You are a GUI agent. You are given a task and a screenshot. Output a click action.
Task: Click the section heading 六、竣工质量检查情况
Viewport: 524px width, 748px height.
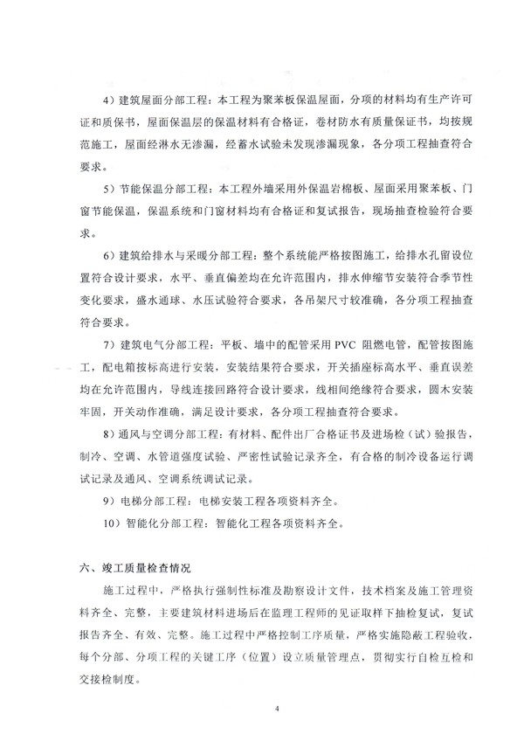[x=134, y=568]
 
